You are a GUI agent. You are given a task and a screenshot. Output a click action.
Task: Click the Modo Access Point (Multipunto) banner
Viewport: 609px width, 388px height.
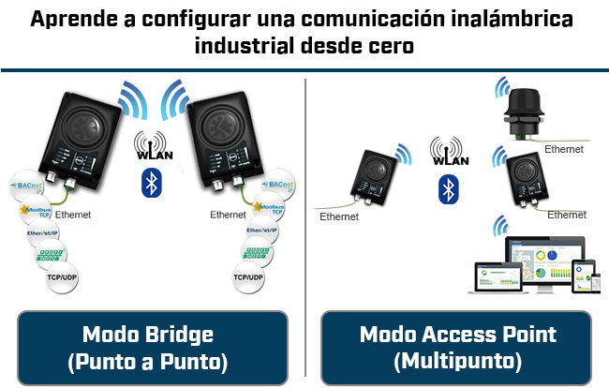click(x=457, y=347)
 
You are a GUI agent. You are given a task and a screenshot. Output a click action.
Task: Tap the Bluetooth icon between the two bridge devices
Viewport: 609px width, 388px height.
click(x=151, y=184)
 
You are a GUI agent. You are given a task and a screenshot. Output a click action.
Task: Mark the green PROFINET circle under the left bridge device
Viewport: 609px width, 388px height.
click(x=52, y=253)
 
